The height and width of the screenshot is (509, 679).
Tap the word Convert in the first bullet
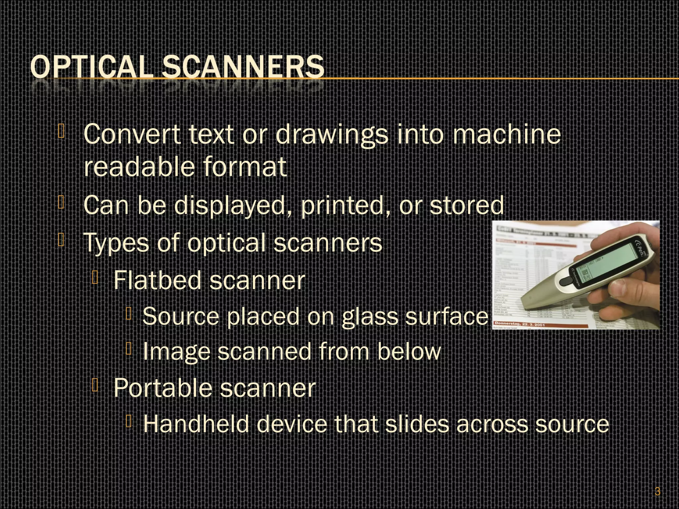click(x=132, y=134)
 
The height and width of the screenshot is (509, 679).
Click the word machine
click(x=507, y=134)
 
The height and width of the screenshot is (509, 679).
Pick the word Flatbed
click(x=157, y=280)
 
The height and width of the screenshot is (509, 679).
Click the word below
click(x=409, y=352)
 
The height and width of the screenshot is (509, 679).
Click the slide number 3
click(x=657, y=491)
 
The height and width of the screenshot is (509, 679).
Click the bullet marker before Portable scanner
click(x=95, y=385)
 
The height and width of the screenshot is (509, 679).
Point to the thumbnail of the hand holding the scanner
click(x=576, y=275)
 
